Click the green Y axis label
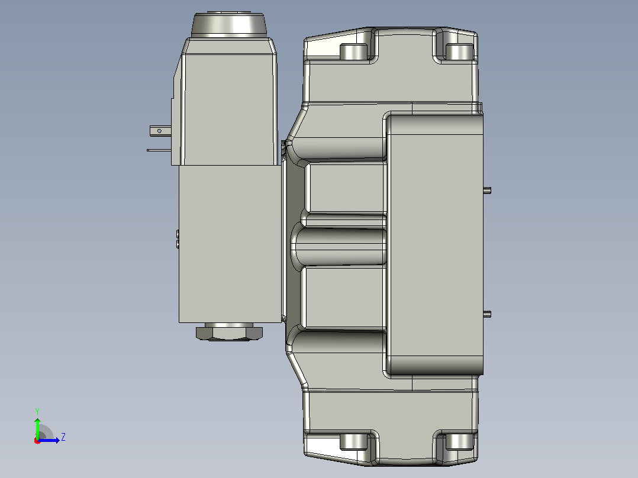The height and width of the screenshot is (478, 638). [37, 411]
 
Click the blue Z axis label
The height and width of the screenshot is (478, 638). [63, 437]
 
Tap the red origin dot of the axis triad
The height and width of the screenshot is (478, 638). [37, 441]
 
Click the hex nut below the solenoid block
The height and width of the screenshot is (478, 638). [229, 332]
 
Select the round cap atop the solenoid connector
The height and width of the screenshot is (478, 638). [228, 25]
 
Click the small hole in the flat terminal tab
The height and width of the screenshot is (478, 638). [159, 131]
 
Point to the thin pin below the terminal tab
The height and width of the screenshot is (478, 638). [159, 150]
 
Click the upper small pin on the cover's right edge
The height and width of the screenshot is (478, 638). [487, 190]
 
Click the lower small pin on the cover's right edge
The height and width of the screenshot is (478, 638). [487, 314]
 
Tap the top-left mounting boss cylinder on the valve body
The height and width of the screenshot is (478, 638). [353, 51]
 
